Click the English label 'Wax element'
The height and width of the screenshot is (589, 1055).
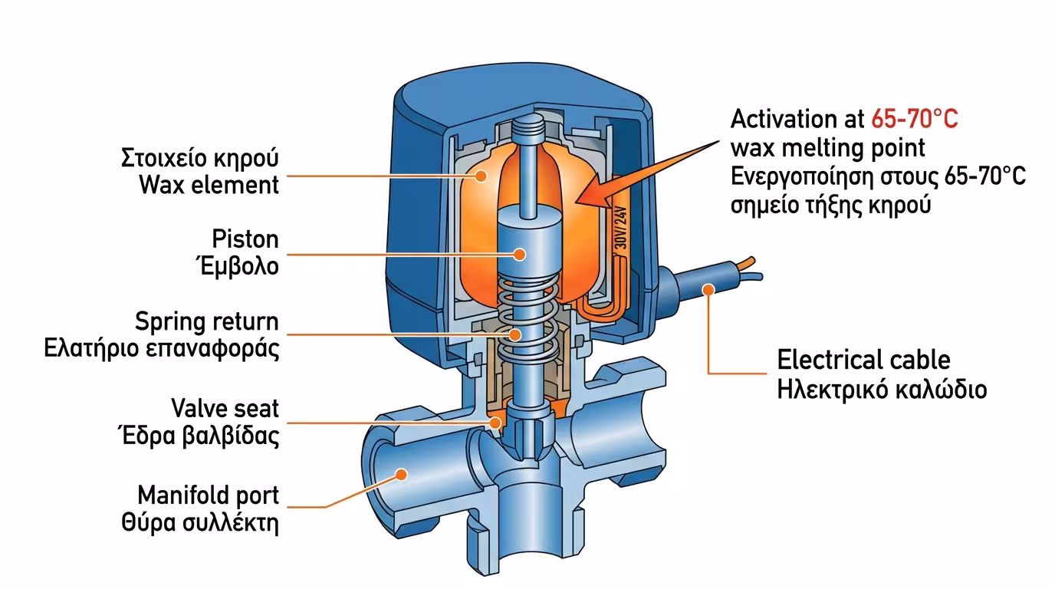(209, 185)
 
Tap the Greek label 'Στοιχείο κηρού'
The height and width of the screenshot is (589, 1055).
(199, 159)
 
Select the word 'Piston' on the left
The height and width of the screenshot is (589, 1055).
(245, 239)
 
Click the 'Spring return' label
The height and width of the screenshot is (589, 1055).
(206, 321)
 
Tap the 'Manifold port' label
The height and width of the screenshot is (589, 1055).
(208, 495)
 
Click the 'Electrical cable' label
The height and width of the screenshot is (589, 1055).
(863, 360)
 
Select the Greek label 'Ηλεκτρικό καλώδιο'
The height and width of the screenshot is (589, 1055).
(882, 389)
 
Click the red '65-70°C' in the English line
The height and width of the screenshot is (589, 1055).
(915, 120)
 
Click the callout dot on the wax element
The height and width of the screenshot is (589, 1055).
(481, 176)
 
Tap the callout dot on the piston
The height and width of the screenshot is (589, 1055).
(520, 253)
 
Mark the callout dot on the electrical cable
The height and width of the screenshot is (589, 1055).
(707, 289)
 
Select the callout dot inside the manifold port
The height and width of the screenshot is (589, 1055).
(400, 475)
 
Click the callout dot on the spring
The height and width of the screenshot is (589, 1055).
(517, 334)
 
